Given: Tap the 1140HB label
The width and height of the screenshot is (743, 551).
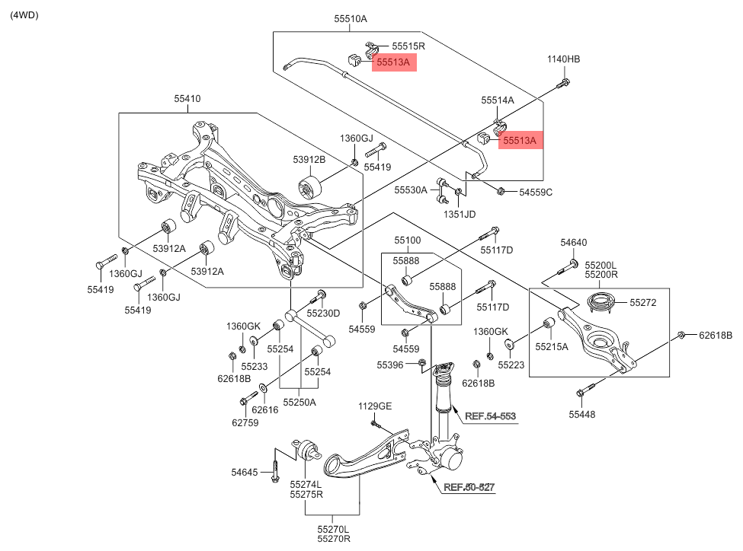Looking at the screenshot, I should point(563,59).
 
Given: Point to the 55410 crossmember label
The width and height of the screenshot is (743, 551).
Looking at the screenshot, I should point(187,98).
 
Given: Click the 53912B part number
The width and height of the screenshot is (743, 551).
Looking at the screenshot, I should point(309,159).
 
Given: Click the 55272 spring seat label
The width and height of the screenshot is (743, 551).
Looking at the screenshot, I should point(647,302).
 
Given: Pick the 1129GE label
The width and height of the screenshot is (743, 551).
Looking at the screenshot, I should point(375,406).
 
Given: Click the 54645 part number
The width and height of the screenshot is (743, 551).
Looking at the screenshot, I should point(246,473).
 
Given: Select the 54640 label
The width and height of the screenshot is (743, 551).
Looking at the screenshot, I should point(574,243).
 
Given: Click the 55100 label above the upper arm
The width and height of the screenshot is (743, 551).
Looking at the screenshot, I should point(407,240).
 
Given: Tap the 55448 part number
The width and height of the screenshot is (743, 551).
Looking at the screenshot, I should point(582,414).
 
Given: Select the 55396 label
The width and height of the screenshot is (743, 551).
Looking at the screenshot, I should point(389,365).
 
